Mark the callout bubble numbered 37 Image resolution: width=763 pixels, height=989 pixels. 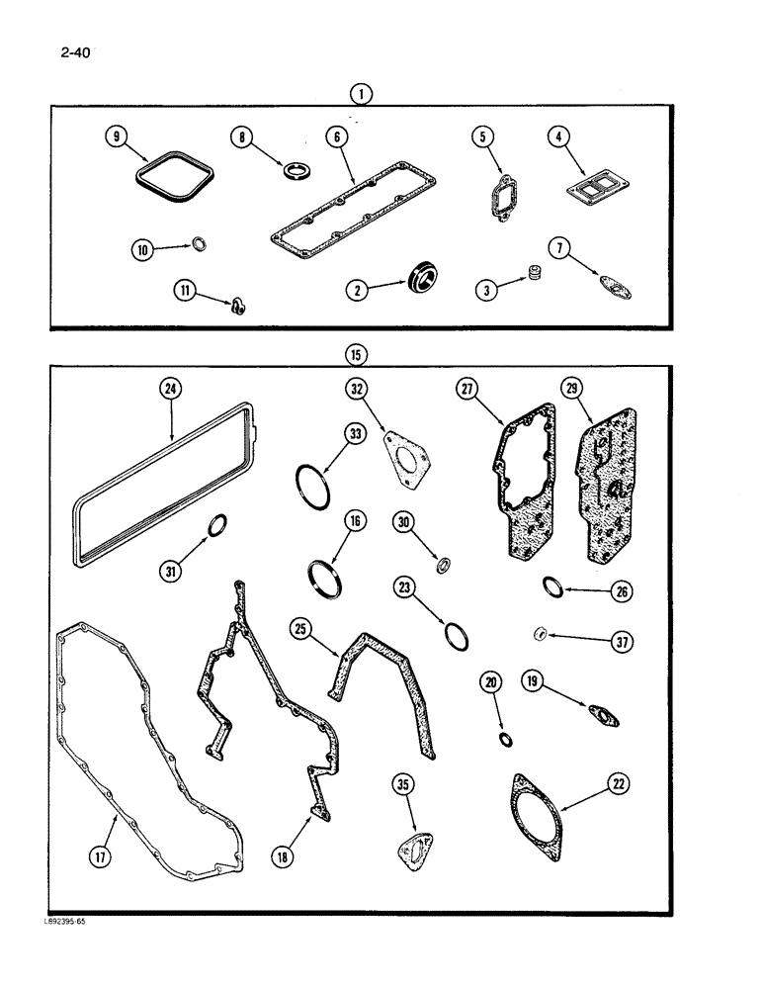click(621, 641)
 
